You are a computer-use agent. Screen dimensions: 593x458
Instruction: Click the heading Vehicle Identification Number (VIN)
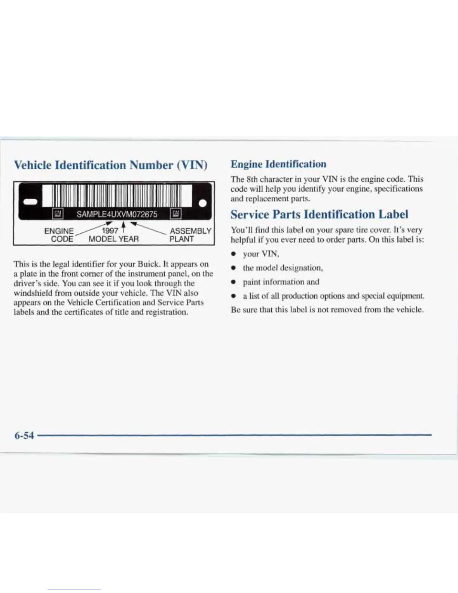click(x=110, y=165)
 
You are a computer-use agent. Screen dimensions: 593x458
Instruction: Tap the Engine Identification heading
click(x=278, y=164)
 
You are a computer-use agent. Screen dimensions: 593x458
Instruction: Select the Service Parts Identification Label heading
click(x=319, y=215)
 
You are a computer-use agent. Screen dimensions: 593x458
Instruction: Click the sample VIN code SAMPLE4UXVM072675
click(x=117, y=214)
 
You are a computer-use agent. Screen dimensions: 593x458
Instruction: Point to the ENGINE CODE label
click(x=59, y=235)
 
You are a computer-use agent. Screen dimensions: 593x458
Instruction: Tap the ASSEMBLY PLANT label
click(x=190, y=235)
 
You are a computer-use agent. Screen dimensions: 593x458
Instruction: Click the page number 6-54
click(x=24, y=435)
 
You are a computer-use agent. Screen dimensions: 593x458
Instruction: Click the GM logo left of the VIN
click(x=58, y=214)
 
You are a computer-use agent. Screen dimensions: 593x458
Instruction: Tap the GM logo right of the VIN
click(x=175, y=214)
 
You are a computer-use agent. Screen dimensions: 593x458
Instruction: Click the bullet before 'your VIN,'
click(x=233, y=254)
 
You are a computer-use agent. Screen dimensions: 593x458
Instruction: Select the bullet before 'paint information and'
click(x=233, y=282)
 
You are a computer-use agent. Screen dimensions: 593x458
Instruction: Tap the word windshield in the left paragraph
click(x=32, y=293)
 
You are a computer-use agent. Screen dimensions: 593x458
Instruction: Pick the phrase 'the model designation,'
click(x=283, y=268)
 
